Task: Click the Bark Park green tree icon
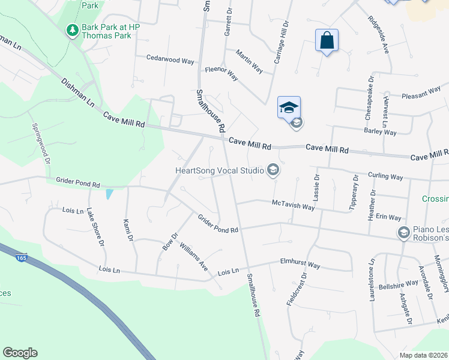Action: point(73,29)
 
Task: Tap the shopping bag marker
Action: point(327,41)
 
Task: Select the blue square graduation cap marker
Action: point(289,107)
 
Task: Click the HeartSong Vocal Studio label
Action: point(219,170)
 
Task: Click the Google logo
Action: point(20,353)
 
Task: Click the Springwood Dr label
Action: point(40,141)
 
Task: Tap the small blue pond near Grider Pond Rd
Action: point(109,194)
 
